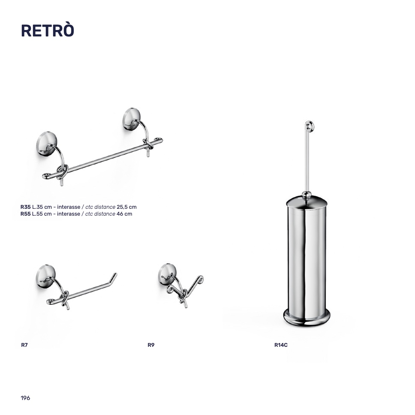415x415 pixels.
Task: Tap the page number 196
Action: pyautogui.click(x=25, y=398)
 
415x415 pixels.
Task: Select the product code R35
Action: pyautogui.click(x=25, y=207)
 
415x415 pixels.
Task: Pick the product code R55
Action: pyautogui.click(x=25, y=214)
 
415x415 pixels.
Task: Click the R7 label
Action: pyautogui.click(x=24, y=345)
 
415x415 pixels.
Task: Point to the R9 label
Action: pyautogui.click(x=151, y=345)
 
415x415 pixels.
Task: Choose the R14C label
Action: pyautogui.click(x=281, y=345)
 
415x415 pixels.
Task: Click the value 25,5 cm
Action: pyautogui.click(x=126, y=207)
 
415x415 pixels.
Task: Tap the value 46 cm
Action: pyautogui.click(x=124, y=214)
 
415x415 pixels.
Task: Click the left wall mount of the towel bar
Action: pyautogui.click(x=46, y=143)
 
